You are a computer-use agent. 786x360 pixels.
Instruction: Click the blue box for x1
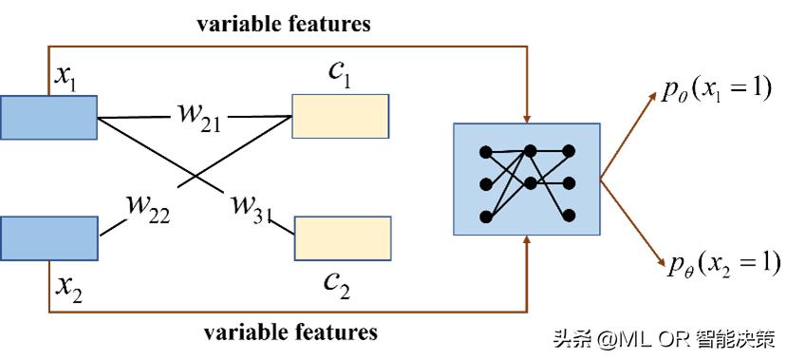(x=49, y=117)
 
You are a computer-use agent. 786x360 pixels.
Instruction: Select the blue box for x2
(x=49, y=237)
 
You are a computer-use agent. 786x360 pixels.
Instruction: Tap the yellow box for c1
(x=340, y=116)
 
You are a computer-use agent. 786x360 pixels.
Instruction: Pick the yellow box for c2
(x=343, y=237)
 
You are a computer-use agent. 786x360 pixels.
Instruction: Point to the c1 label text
(x=340, y=76)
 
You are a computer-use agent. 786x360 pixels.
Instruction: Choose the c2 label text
(x=338, y=282)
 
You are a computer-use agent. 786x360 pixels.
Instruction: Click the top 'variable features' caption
(x=283, y=25)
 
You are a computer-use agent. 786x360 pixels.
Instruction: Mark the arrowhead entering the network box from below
(x=527, y=243)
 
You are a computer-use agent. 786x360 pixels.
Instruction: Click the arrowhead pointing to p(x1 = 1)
(x=652, y=96)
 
